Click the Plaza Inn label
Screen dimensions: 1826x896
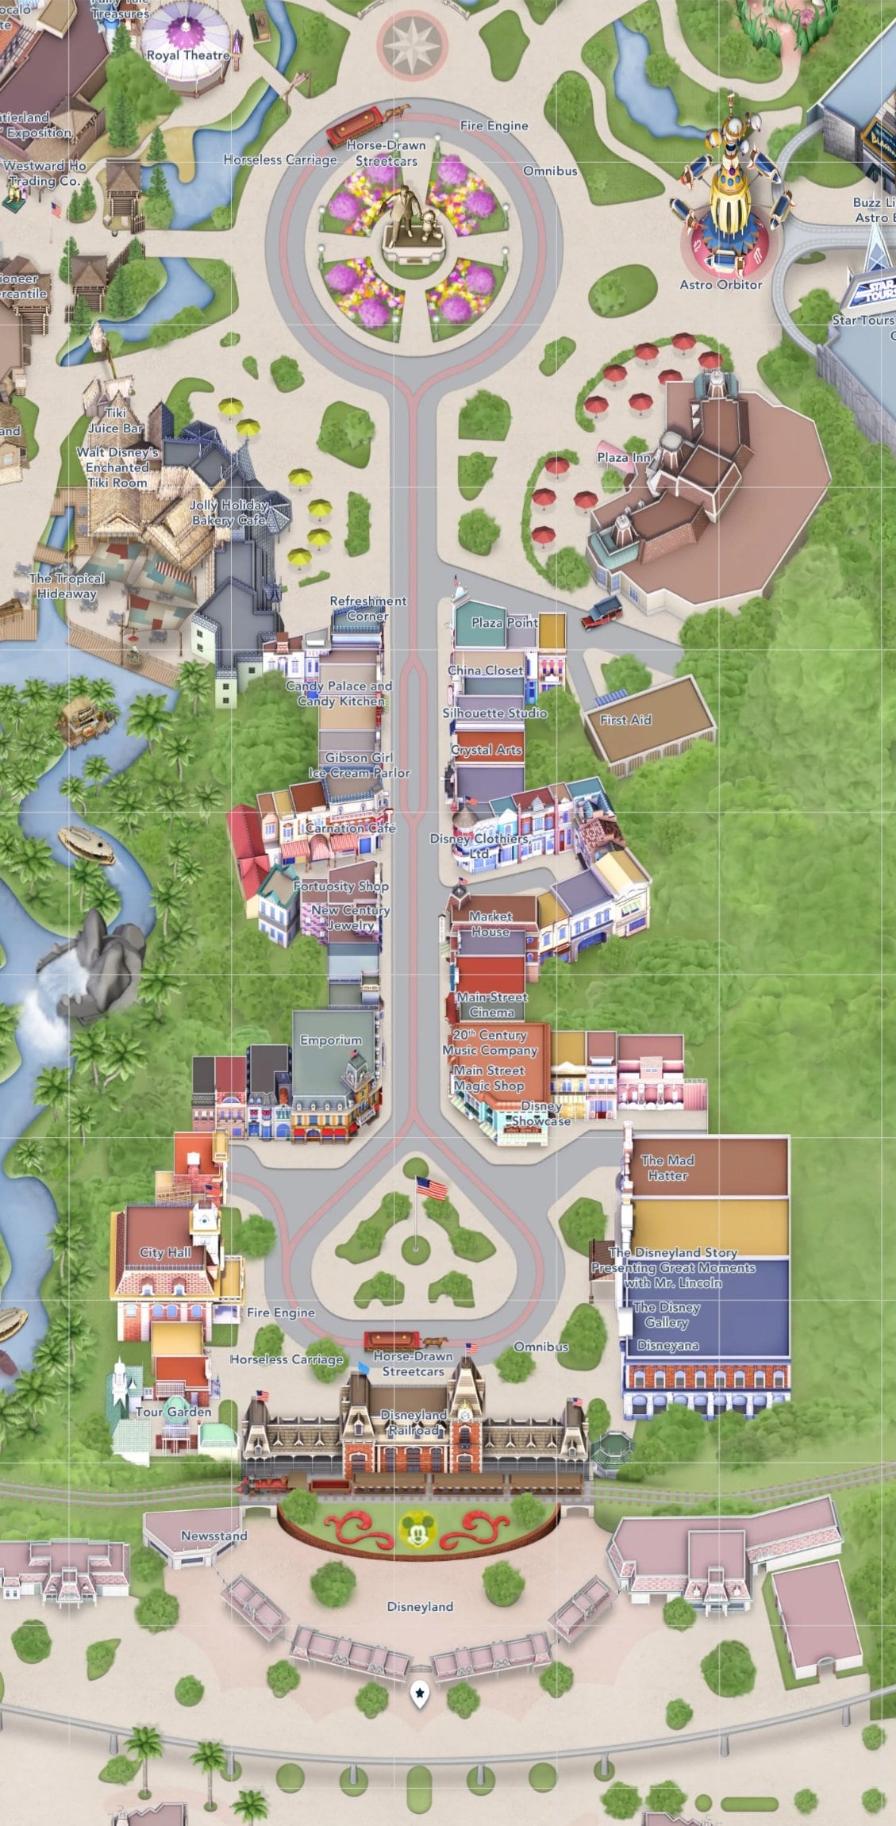[x=624, y=457]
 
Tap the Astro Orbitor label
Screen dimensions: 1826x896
[x=721, y=284]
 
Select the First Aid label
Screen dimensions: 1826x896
[x=625, y=720]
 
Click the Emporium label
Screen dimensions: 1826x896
[x=331, y=1040]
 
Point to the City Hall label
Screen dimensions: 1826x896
[x=165, y=1252]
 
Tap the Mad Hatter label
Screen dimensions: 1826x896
[x=667, y=1167]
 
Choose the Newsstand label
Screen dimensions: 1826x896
[x=214, y=1536]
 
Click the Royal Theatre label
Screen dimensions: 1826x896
[x=188, y=56]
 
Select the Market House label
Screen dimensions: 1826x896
[x=490, y=924]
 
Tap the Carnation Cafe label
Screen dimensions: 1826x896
[x=350, y=828]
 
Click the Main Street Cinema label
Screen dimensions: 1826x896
[x=492, y=1005]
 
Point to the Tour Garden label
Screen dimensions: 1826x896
[x=174, y=1412]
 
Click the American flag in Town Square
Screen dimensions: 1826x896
[x=432, y=1189]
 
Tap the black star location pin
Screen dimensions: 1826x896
[x=419, y=1694]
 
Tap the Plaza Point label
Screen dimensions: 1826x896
[x=505, y=623]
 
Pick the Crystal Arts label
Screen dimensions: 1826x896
[x=486, y=750]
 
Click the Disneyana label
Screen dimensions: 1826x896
[x=668, y=1345]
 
